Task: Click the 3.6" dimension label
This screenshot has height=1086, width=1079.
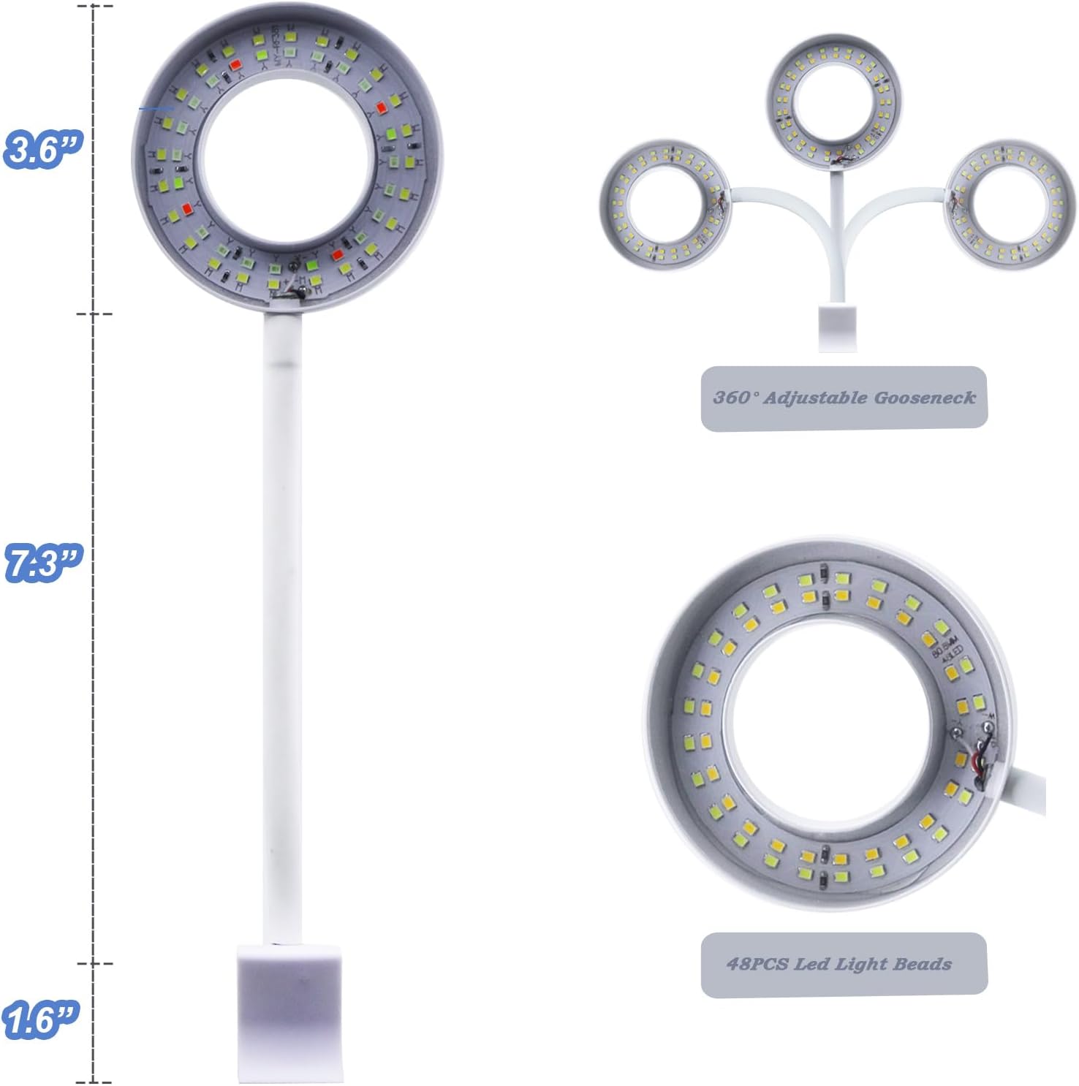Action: pyautogui.click(x=43, y=150)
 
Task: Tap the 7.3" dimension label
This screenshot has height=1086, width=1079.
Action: pyautogui.click(x=43, y=563)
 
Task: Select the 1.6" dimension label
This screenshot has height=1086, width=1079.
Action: pyautogui.click(x=40, y=1019)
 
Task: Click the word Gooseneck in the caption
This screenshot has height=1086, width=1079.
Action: pyautogui.click(x=924, y=398)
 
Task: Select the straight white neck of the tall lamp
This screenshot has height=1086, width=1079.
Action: pyautogui.click(x=282, y=629)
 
